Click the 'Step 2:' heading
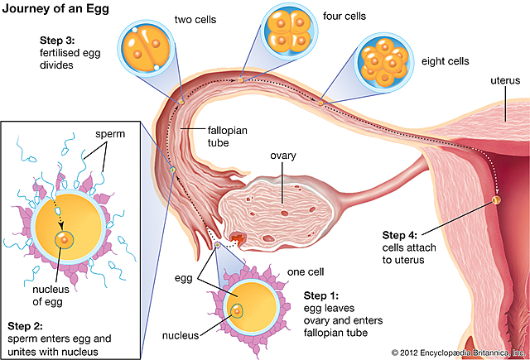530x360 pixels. (x=26, y=324)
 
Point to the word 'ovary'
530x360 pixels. (x=284, y=155)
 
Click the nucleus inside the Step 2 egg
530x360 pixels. (x=62, y=240)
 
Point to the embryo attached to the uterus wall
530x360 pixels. (x=497, y=199)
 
